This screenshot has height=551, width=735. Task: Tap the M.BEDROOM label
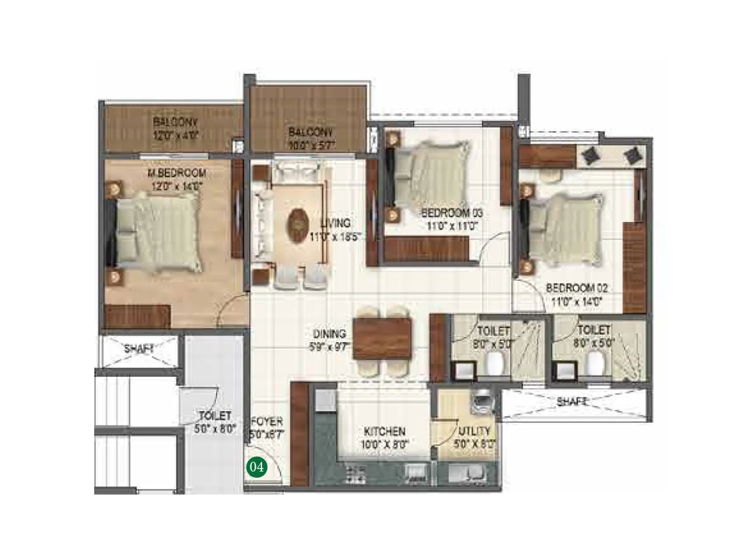pos(176,173)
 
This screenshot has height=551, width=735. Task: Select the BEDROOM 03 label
pos(452,213)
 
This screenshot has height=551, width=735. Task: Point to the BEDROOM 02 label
pos(577,288)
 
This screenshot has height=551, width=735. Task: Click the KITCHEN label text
pos(384,432)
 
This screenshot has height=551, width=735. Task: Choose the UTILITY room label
pos(475,431)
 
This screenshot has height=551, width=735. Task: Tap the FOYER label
pos(267,422)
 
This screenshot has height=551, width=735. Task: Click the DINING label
pos(329,334)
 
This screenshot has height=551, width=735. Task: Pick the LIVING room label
pos(335,224)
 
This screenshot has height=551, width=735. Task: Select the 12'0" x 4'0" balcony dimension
pos(175,135)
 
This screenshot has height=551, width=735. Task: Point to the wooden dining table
pos(383,339)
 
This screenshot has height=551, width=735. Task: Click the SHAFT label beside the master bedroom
pos(139,349)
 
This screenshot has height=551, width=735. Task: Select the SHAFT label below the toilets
pos(572,402)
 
